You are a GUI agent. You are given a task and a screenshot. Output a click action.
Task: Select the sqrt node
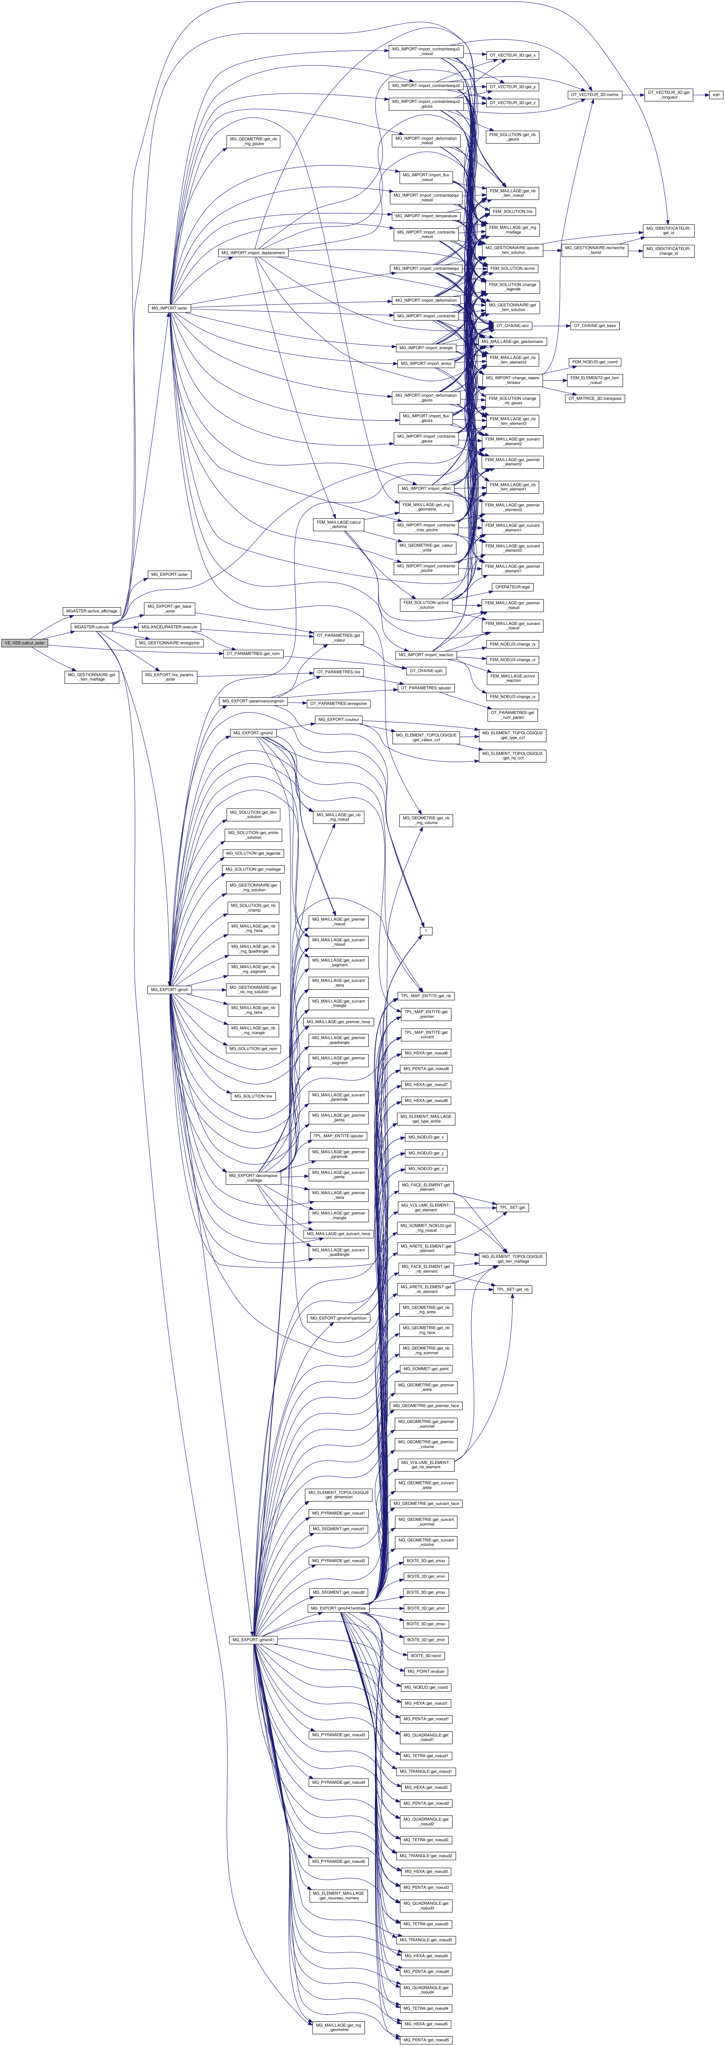click(716, 94)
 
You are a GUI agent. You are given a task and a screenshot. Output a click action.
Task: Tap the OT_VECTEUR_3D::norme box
click(594, 94)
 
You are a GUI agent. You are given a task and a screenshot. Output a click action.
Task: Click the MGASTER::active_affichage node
click(91, 611)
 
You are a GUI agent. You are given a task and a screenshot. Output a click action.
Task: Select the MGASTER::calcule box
click(91, 627)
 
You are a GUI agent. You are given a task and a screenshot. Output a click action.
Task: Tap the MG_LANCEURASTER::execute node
click(168, 627)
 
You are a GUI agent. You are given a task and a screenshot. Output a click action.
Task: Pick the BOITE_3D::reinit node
click(426, 1655)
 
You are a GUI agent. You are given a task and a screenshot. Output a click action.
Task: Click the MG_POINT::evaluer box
click(426, 1671)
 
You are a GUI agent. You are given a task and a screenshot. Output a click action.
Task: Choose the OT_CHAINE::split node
click(426, 670)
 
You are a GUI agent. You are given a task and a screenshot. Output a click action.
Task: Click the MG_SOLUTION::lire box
click(253, 1096)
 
